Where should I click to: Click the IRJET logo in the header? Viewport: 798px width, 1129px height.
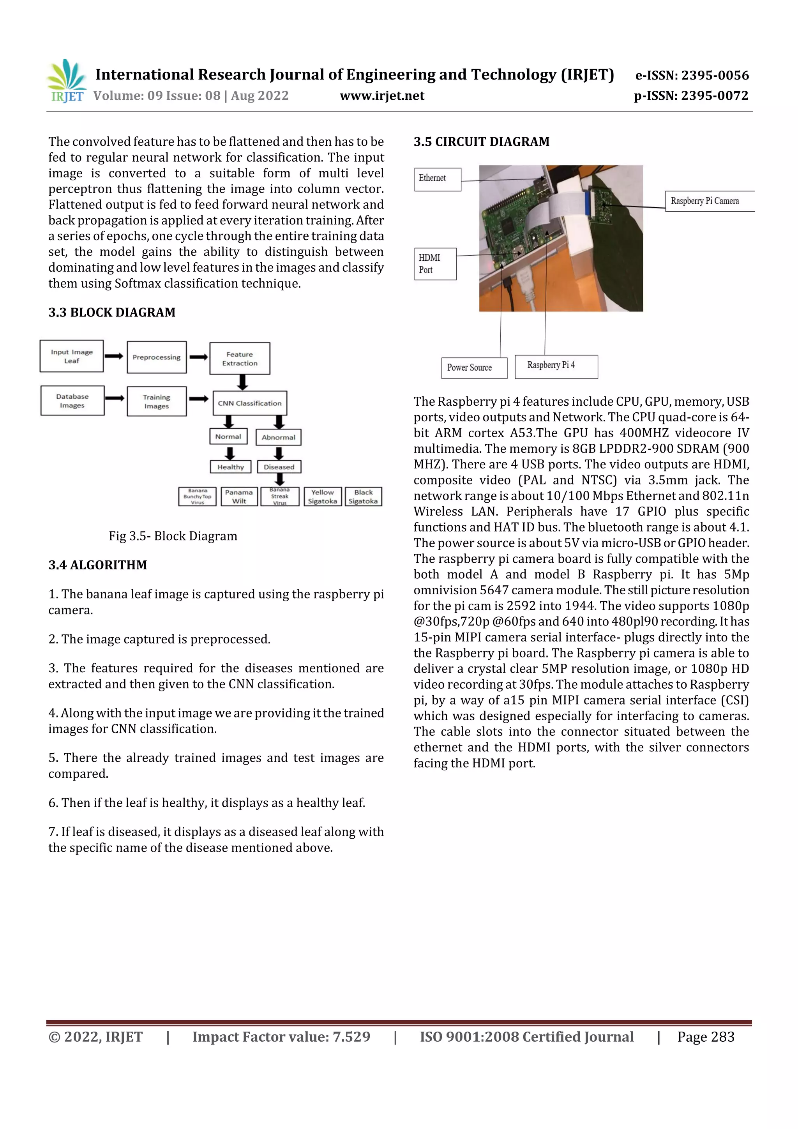coord(66,81)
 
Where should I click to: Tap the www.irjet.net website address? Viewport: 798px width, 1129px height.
coord(381,96)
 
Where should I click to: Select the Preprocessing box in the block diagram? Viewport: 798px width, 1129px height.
coord(156,357)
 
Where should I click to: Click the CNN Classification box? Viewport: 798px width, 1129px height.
coord(250,403)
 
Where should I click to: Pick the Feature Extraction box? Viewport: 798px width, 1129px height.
coord(240,359)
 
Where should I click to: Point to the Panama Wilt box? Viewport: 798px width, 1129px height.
coord(239,496)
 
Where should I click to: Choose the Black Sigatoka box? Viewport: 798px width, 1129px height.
coord(364,496)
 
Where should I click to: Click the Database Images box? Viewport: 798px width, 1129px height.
coord(72,401)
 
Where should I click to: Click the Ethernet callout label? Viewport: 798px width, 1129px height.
coord(437,179)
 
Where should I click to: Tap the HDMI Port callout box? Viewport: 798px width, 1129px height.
coord(435,264)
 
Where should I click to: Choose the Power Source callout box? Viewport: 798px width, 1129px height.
coord(473,368)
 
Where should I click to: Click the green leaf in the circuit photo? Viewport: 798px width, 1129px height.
coord(620,236)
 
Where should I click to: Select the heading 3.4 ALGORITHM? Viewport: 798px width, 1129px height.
coord(97,565)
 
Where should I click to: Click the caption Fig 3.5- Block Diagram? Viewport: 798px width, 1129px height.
coord(173,536)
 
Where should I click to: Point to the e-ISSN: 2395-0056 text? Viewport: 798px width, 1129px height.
coord(691,76)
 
